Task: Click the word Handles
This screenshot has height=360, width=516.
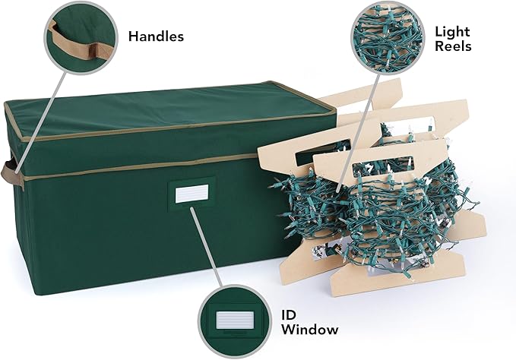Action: [x=156, y=36]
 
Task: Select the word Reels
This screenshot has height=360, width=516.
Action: [x=454, y=46]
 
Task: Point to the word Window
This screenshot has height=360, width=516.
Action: [x=308, y=329]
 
